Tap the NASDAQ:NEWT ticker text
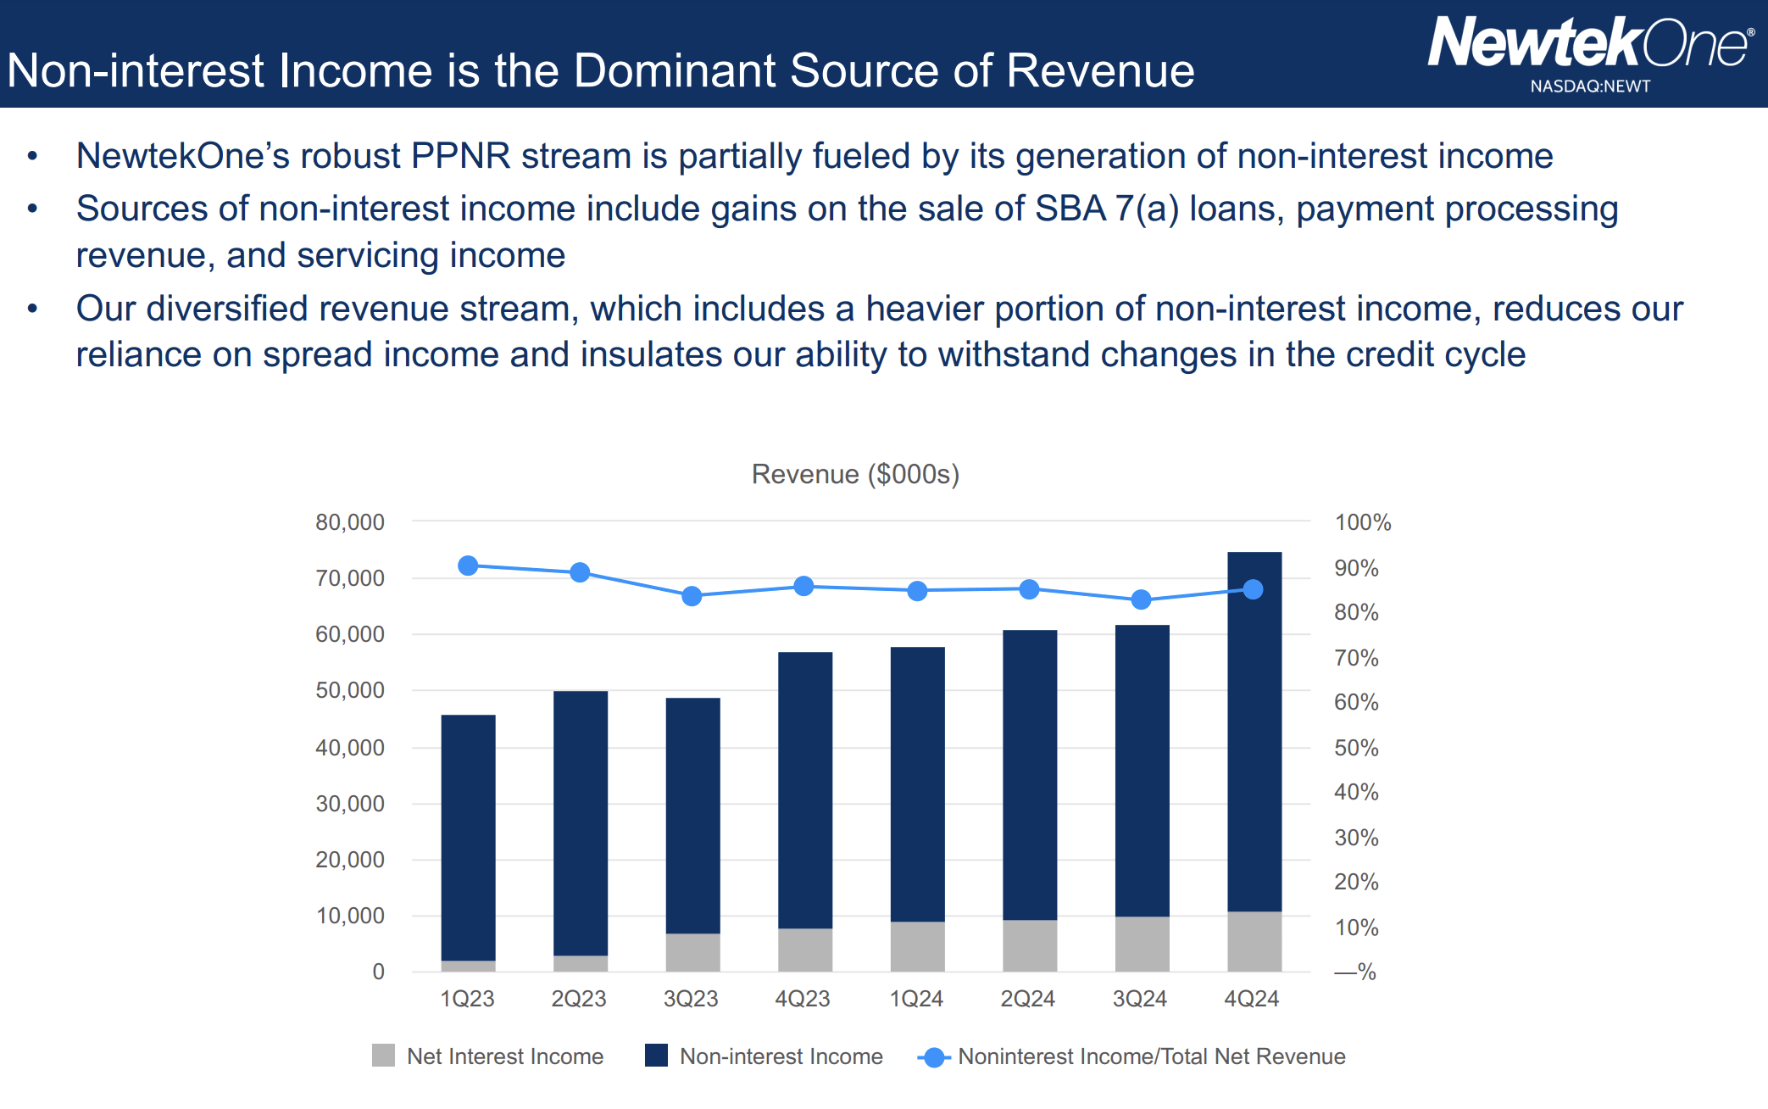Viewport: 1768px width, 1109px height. point(1590,86)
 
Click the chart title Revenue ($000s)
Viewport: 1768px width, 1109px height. point(855,474)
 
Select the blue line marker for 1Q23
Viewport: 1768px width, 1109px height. point(468,566)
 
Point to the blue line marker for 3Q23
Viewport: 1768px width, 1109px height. point(692,596)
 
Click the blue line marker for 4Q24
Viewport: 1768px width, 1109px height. point(1253,589)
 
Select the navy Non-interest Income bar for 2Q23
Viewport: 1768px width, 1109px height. point(581,822)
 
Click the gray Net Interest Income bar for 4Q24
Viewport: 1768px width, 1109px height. point(1254,941)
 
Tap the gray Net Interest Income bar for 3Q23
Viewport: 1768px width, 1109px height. point(692,952)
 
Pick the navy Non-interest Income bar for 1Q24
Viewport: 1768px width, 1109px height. point(917,784)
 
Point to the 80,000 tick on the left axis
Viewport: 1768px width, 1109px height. point(350,522)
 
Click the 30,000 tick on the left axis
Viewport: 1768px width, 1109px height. point(350,804)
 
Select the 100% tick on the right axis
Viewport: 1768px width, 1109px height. point(1363,522)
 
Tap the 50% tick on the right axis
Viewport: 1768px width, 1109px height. point(1356,748)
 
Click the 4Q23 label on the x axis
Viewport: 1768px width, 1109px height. point(803,999)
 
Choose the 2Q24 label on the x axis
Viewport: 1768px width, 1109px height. point(1027,999)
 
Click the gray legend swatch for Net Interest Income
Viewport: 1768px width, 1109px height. point(383,1056)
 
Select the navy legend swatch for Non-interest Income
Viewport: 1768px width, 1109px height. point(656,1056)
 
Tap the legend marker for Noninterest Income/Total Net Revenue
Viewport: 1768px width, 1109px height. point(934,1057)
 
